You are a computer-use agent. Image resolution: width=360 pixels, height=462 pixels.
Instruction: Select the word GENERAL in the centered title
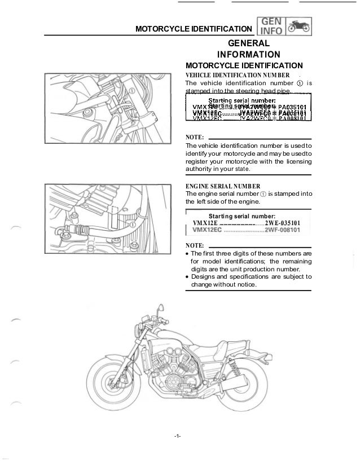point(248,43)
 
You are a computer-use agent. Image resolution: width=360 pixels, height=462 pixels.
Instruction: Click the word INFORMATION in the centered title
point(249,54)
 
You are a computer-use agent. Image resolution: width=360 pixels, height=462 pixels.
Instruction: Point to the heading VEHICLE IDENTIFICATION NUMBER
point(238,74)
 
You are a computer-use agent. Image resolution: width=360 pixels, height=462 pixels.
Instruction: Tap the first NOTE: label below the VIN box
point(195,137)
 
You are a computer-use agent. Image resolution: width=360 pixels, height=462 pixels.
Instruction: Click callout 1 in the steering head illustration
point(131,90)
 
